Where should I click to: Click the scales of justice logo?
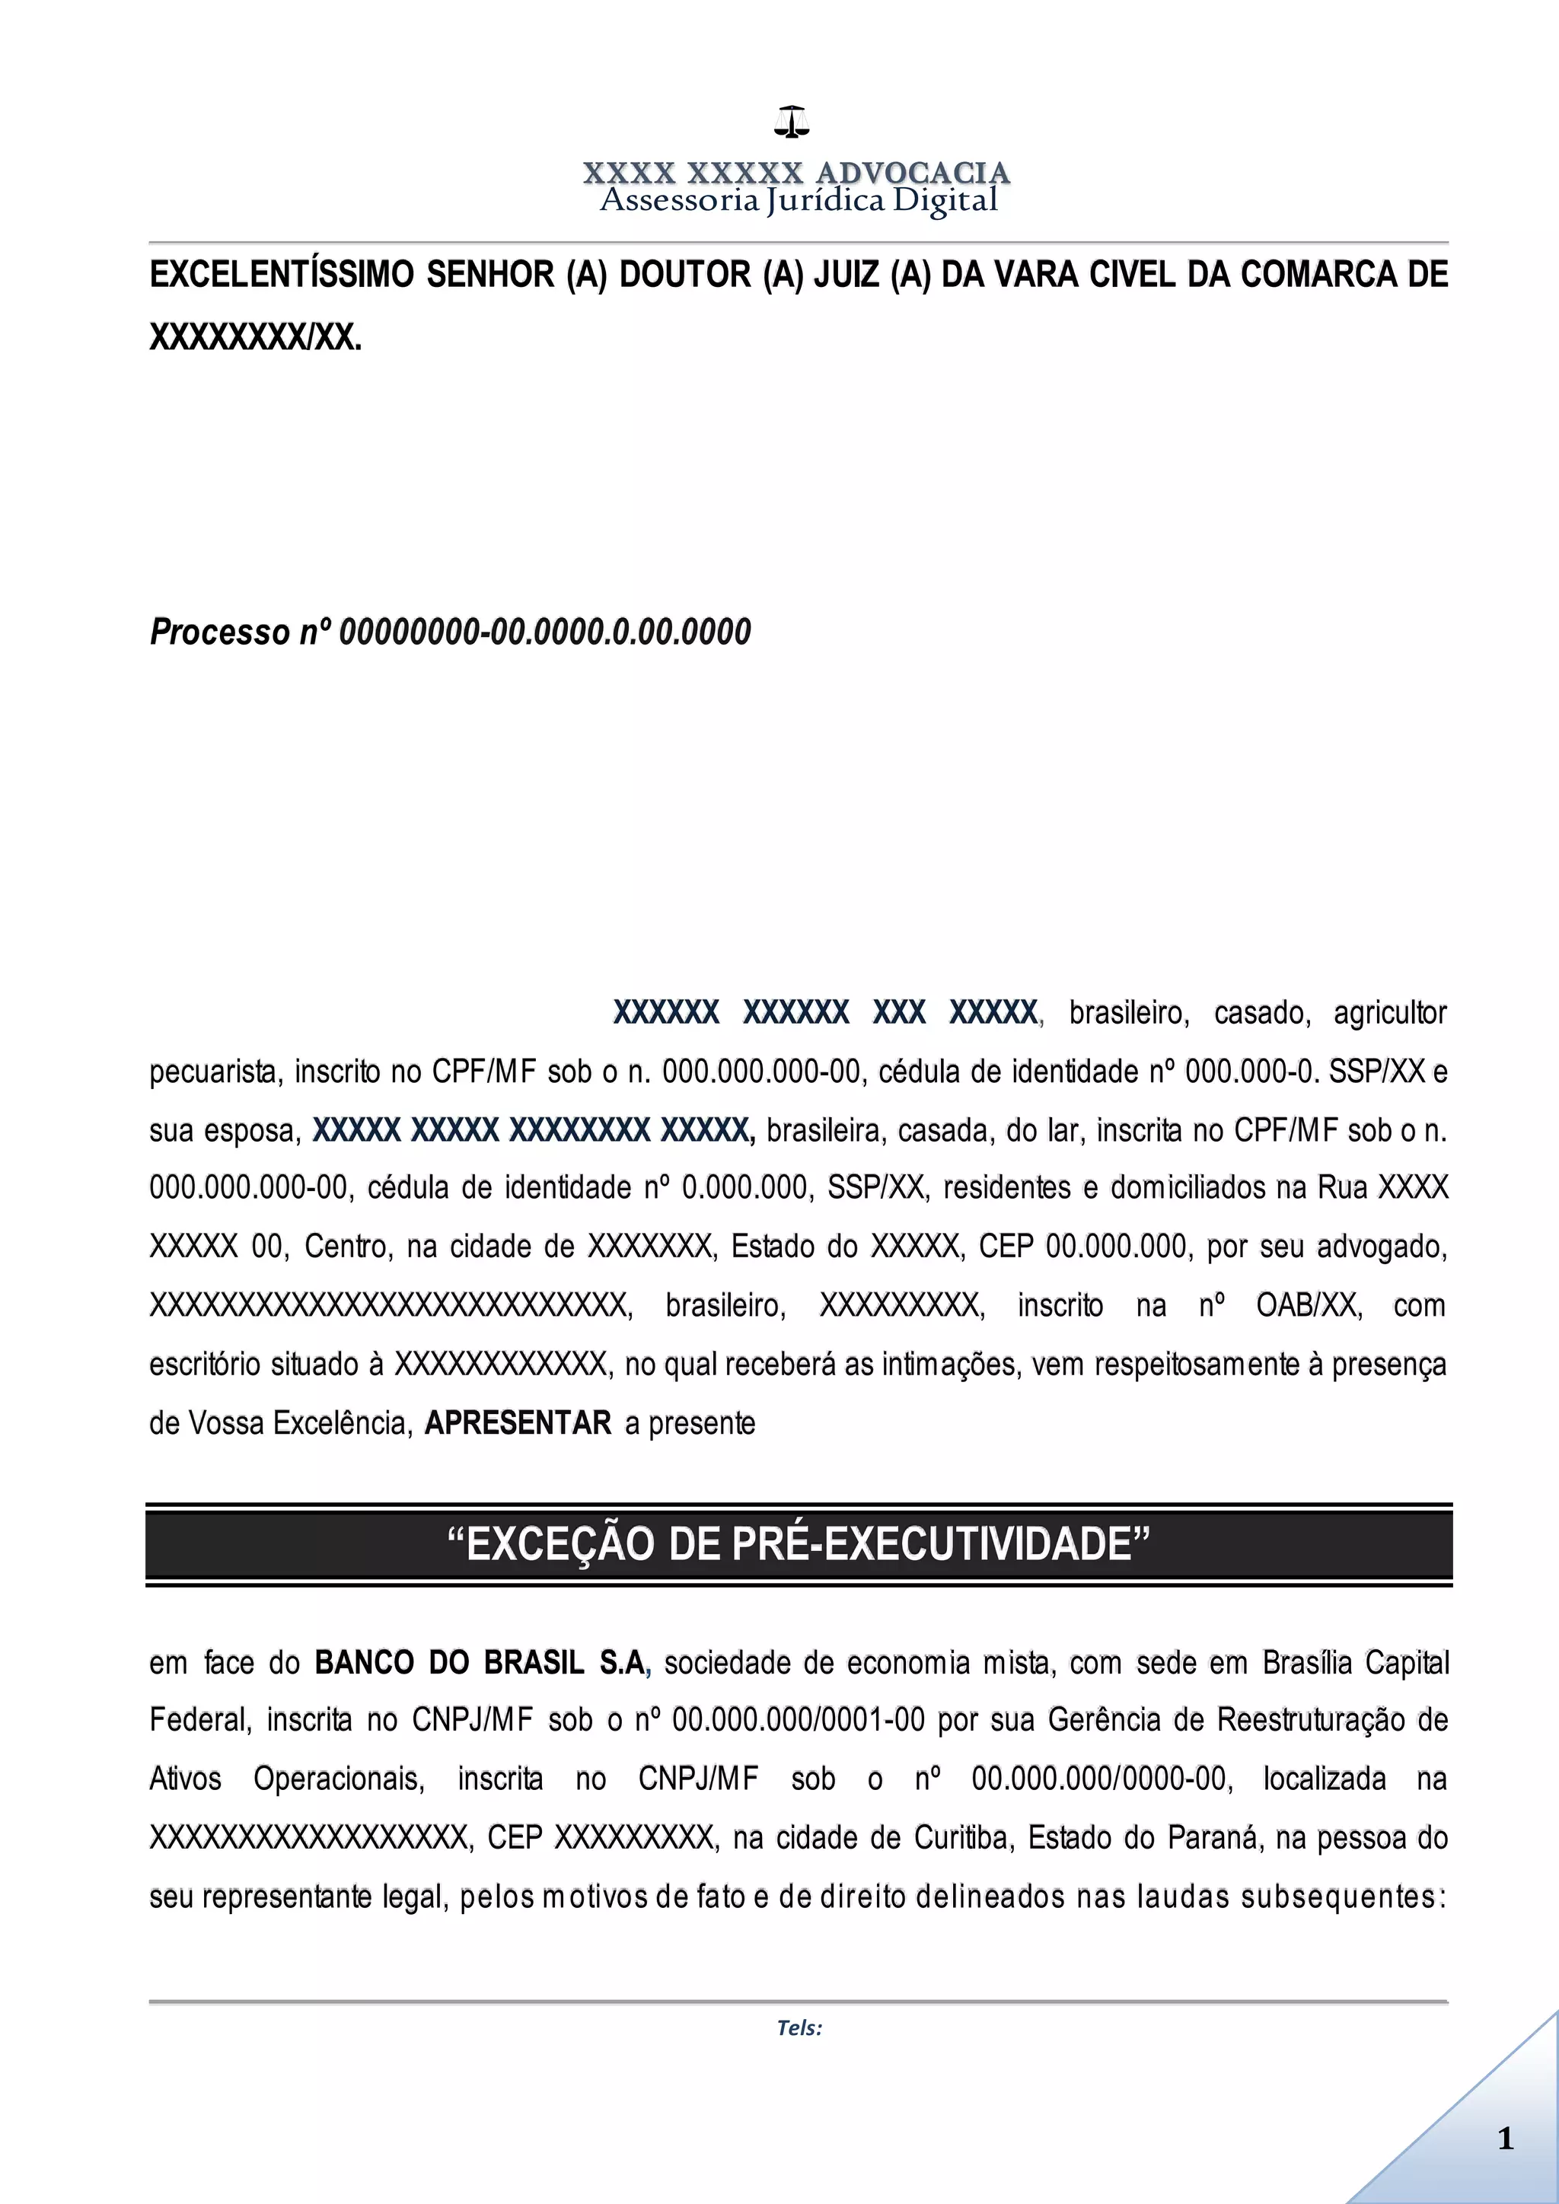792,121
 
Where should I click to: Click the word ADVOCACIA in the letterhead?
912,173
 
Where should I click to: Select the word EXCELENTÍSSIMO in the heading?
282,275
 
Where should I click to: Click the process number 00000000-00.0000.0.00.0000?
545,632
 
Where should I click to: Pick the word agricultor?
1389,1013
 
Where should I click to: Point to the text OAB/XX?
1309,1305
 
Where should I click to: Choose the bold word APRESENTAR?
518,1422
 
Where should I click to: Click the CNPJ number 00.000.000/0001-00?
799,1720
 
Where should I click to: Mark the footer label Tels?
799,2028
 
